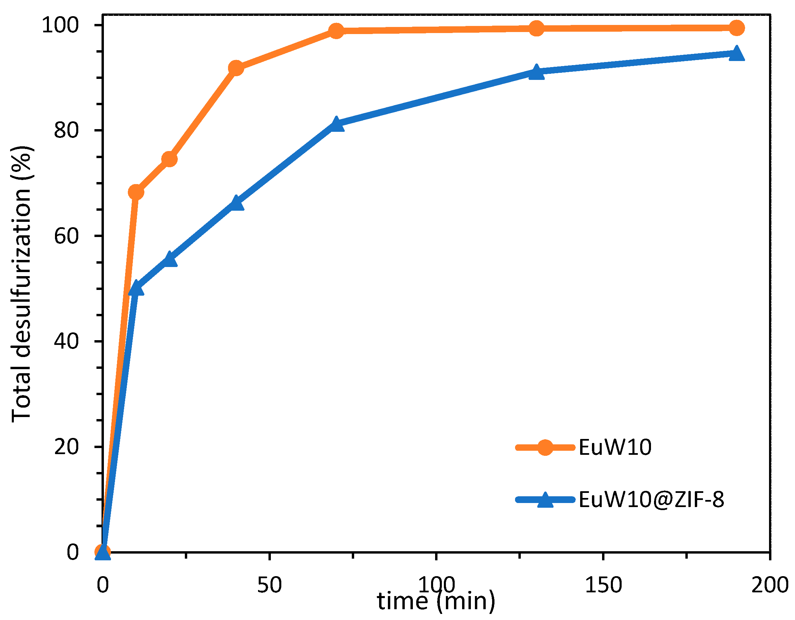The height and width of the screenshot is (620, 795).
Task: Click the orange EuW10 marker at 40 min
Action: click(236, 68)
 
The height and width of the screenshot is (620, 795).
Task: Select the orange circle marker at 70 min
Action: click(336, 31)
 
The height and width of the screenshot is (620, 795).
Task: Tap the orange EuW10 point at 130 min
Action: click(536, 28)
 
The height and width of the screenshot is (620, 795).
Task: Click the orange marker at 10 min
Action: click(136, 192)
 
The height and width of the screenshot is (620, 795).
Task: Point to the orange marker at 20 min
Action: click(169, 159)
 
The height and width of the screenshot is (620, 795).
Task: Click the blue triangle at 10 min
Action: click(136, 289)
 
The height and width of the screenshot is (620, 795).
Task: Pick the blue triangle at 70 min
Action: click(336, 124)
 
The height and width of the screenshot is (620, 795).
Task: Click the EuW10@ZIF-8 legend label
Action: click(651, 500)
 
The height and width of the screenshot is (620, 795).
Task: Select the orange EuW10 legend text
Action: click(615, 447)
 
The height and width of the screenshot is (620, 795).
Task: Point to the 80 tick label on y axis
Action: click(66, 130)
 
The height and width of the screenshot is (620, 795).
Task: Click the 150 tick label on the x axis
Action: click(603, 585)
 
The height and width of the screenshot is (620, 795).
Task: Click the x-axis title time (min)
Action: click(436, 601)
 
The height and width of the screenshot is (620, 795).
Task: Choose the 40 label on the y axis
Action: click(66, 341)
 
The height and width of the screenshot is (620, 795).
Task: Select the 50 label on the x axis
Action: click(269, 585)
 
